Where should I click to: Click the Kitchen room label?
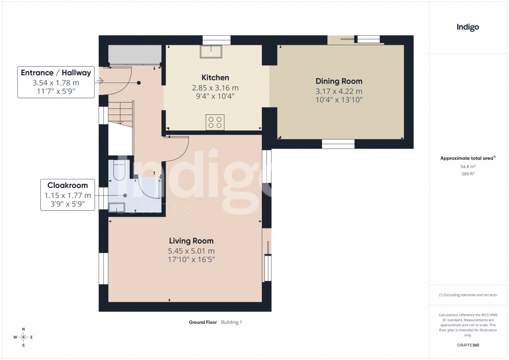coord(215,78)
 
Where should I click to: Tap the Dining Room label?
coord(339,81)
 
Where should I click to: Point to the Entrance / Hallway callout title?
coord(56,73)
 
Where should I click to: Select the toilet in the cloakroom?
coord(119,170)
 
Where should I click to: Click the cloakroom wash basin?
coord(117,207)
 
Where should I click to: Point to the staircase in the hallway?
coord(120,114)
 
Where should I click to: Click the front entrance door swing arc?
coord(117,82)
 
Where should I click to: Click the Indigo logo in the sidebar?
coord(468,28)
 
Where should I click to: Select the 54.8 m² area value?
coord(468,167)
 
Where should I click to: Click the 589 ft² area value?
coord(468,174)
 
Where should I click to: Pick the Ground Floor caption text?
coord(203,322)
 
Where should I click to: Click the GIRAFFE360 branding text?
coord(468,345)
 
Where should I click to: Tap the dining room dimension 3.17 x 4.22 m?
coord(339,91)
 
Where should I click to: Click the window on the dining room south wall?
coord(338,144)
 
